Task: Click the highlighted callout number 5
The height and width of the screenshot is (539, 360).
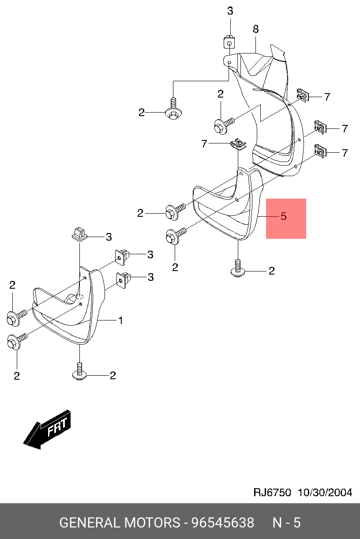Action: [x=284, y=217]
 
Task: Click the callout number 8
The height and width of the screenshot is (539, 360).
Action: [x=255, y=30]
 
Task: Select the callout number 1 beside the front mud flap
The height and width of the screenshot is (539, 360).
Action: [x=120, y=320]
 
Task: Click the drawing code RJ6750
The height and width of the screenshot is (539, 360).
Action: [x=272, y=493]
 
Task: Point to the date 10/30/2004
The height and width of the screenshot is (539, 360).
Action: [x=325, y=493]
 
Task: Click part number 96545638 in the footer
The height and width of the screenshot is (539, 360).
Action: [x=222, y=523]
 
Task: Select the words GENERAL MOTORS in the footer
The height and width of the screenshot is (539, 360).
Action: [x=119, y=523]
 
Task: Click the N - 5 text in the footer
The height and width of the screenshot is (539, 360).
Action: [x=286, y=523]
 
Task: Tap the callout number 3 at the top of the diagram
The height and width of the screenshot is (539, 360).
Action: [x=230, y=11]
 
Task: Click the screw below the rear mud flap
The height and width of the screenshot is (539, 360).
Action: [x=238, y=269]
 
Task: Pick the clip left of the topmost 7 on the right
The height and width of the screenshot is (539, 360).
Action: [x=302, y=95]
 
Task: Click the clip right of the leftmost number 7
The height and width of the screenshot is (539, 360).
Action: [x=238, y=143]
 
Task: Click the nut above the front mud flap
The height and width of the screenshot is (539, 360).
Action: [x=78, y=233]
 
